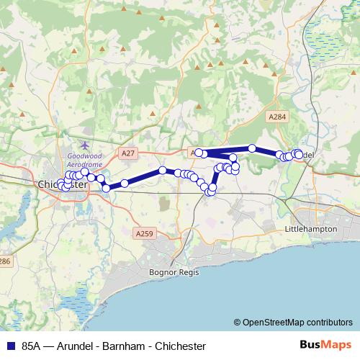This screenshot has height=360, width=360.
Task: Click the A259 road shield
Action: [x=144, y=233]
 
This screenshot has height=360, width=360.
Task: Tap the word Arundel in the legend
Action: [x=71, y=346]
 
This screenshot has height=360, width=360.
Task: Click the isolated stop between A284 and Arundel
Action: [x=252, y=148]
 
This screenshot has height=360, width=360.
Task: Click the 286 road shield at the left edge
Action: [x=4, y=261]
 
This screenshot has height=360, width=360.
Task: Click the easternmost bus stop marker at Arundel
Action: [x=299, y=155]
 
